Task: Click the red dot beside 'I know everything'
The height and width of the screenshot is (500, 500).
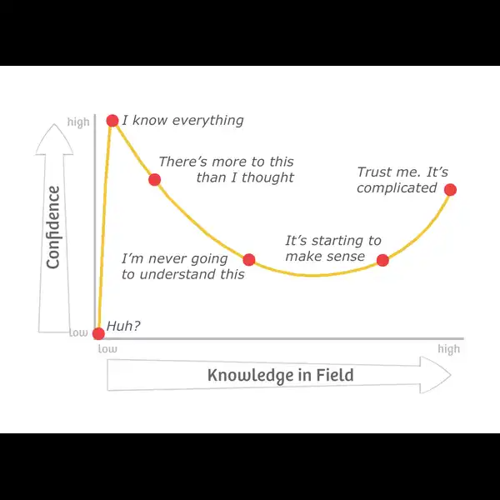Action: tap(112, 121)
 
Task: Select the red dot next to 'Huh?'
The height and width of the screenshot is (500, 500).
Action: tap(98, 333)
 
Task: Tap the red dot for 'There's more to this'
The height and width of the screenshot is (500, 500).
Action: tap(155, 180)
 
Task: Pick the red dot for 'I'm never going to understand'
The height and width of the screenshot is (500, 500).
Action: tap(248, 260)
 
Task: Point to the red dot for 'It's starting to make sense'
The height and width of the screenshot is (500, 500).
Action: tap(382, 260)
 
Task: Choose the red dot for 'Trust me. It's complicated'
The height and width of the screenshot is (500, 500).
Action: tap(450, 190)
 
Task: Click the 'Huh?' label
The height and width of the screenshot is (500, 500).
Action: tap(123, 326)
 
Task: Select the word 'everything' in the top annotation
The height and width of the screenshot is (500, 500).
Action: tap(207, 121)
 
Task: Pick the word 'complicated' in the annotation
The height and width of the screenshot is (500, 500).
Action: tap(397, 188)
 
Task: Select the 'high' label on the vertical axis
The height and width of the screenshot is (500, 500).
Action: tap(78, 122)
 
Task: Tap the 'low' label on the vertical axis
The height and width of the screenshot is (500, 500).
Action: tap(78, 332)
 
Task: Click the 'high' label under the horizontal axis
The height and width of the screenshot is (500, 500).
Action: tap(448, 349)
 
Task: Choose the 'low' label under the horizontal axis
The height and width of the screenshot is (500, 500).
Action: tap(107, 349)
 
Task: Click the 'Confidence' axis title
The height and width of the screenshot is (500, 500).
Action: tap(53, 227)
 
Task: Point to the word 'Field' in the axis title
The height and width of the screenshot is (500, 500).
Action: tap(335, 375)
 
